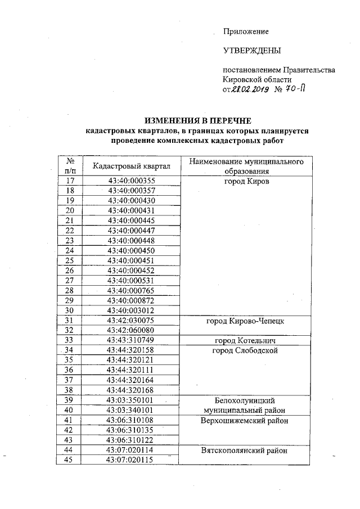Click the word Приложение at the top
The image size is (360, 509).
[246, 31]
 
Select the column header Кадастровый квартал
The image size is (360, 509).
[130, 166]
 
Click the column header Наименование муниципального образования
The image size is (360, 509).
[250, 166]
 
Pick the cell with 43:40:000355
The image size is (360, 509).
[130, 181]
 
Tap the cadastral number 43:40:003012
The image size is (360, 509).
[130, 309]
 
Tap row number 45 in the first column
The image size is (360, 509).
[70, 460]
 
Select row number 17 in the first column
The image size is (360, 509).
[70, 181]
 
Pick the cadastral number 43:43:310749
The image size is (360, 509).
[130, 340]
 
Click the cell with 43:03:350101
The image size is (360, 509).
[130, 400]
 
